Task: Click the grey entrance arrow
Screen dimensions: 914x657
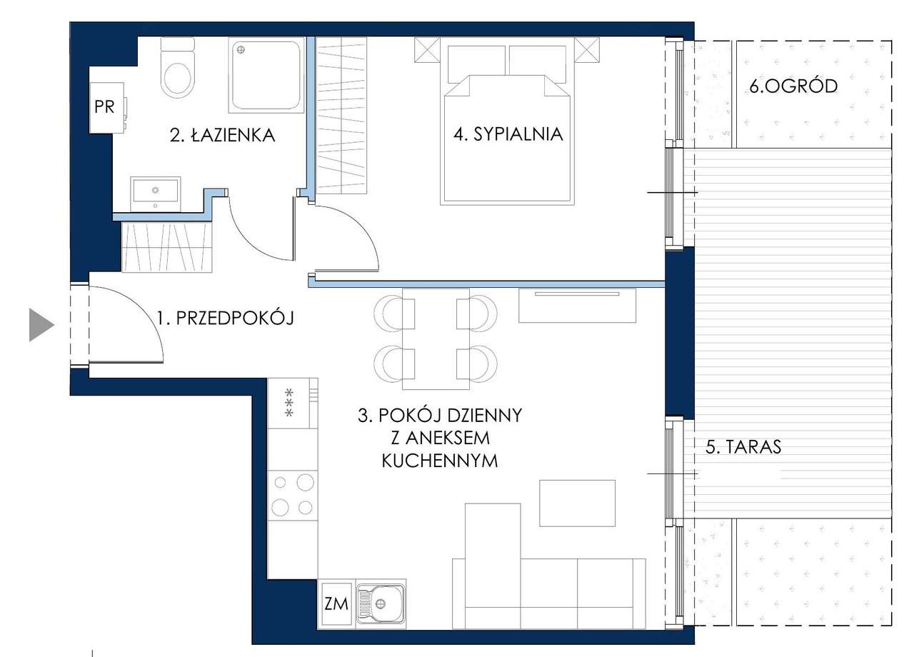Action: pyautogui.click(x=41, y=325)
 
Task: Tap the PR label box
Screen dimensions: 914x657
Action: pyautogui.click(x=106, y=108)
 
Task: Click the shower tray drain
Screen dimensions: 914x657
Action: pyautogui.click(x=241, y=50)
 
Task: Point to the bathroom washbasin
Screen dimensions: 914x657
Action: pyautogui.click(x=155, y=194)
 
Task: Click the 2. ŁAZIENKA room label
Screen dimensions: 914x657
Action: pyautogui.click(x=222, y=135)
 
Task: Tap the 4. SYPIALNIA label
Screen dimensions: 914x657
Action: pyautogui.click(x=508, y=134)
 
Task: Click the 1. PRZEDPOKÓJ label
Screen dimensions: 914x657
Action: pyautogui.click(x=226, y=317)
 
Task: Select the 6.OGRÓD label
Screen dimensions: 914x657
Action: pyautogui.click(x=793, y=86)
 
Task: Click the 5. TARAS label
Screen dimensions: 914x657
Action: pyautogui.click(x=743, y=447)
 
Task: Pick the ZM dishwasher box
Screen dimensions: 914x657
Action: pyautogui.click(x=336, y=603)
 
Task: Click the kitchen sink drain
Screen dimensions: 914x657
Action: pyautogui.click(x=381, y=603)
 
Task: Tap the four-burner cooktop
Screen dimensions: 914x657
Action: pyautogui.click(x=293, y=495)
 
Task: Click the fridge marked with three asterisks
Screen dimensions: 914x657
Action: pyautogui.click(x=293, y=403)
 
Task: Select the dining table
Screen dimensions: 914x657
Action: pyautogui.click(x=436, y=338)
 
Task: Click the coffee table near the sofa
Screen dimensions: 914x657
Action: pyautogui.click(x=578, y=503)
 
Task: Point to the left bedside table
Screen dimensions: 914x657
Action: pyautogui.click(x=427, y=50)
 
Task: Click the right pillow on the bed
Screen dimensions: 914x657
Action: pyautogui.click(x=538, y=64)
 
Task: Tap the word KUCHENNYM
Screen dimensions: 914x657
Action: pyautogui.click(x=440, y=461)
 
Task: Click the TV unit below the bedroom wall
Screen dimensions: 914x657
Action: pyautogui.click(x=578, y=306)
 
